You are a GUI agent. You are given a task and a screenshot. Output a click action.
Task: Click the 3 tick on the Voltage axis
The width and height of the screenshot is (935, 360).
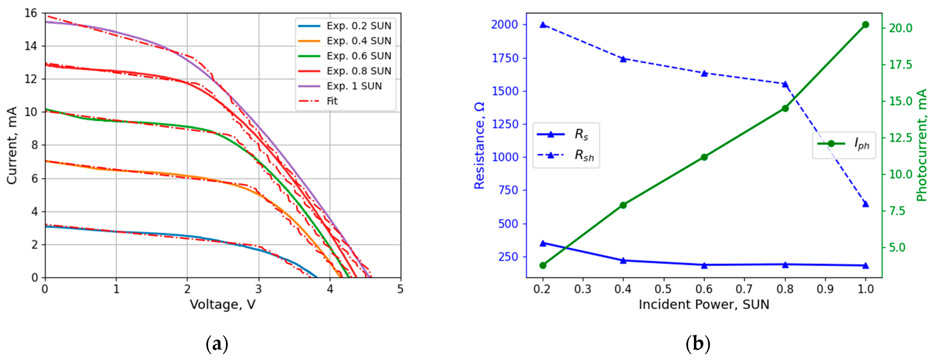point(258,289)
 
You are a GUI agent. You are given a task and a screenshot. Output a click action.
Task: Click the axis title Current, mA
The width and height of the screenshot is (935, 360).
point(12,145)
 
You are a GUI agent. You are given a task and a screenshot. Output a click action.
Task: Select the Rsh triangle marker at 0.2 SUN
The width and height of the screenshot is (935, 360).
point(543,25)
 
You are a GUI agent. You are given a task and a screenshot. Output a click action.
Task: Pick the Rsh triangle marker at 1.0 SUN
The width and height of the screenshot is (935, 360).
point(865,204)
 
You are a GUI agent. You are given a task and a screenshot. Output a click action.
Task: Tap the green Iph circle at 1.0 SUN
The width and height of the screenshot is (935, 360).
point(865,25)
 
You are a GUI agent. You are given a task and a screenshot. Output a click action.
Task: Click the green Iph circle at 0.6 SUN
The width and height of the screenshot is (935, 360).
point(704,157)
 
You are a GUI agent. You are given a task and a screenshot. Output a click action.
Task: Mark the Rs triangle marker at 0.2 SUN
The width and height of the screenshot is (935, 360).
point(543,243)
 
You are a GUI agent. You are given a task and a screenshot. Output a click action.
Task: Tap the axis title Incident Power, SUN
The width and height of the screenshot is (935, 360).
point(704,304)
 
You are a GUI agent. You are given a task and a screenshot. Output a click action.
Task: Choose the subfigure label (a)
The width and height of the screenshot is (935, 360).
point(217,343)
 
